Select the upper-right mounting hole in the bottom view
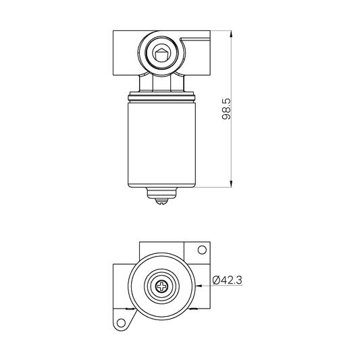pos(201,251)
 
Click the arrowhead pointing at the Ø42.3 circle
pos(197,286)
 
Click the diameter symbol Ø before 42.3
pos(215,278)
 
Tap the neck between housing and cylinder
pos(161,83)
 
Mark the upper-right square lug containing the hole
pos(201,252)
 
